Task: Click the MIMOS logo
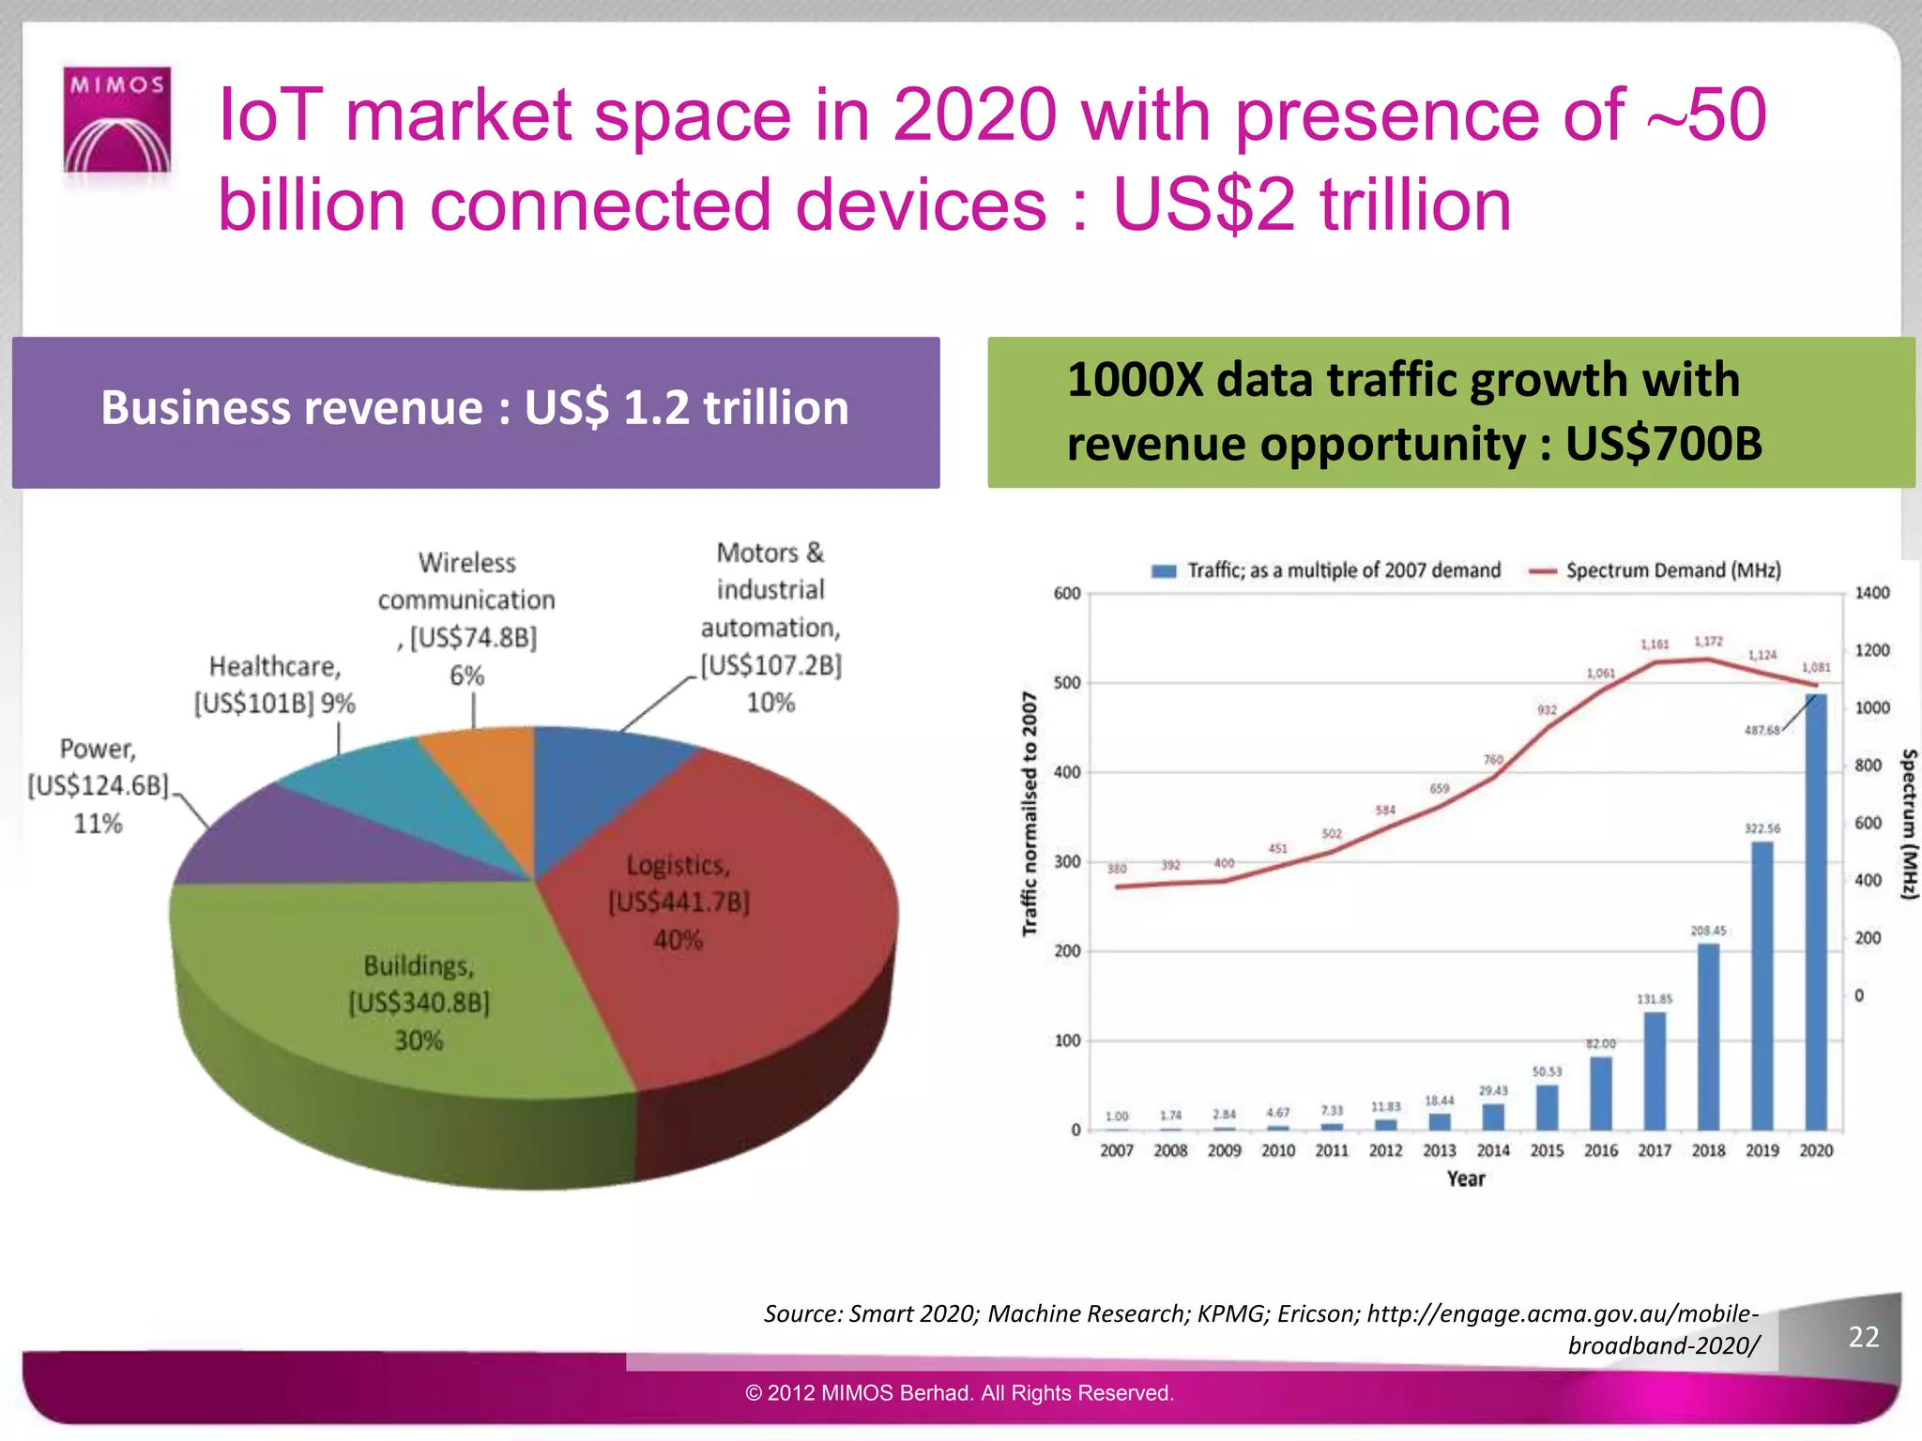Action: pos(117,120)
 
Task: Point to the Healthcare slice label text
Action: pos(274,685)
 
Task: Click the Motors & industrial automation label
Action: pos(770,627)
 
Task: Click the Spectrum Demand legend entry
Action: pos(1656,570)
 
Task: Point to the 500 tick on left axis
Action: pos(1067,683)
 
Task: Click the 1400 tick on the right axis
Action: pos(1871,593)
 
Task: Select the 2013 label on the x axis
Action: pos(1439,1150)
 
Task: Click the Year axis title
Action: pos(1466,1179)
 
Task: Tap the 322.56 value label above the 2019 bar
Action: pos(1762,828)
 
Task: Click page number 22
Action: pos(1863,1337)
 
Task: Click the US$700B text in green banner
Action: pos(1663,444)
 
